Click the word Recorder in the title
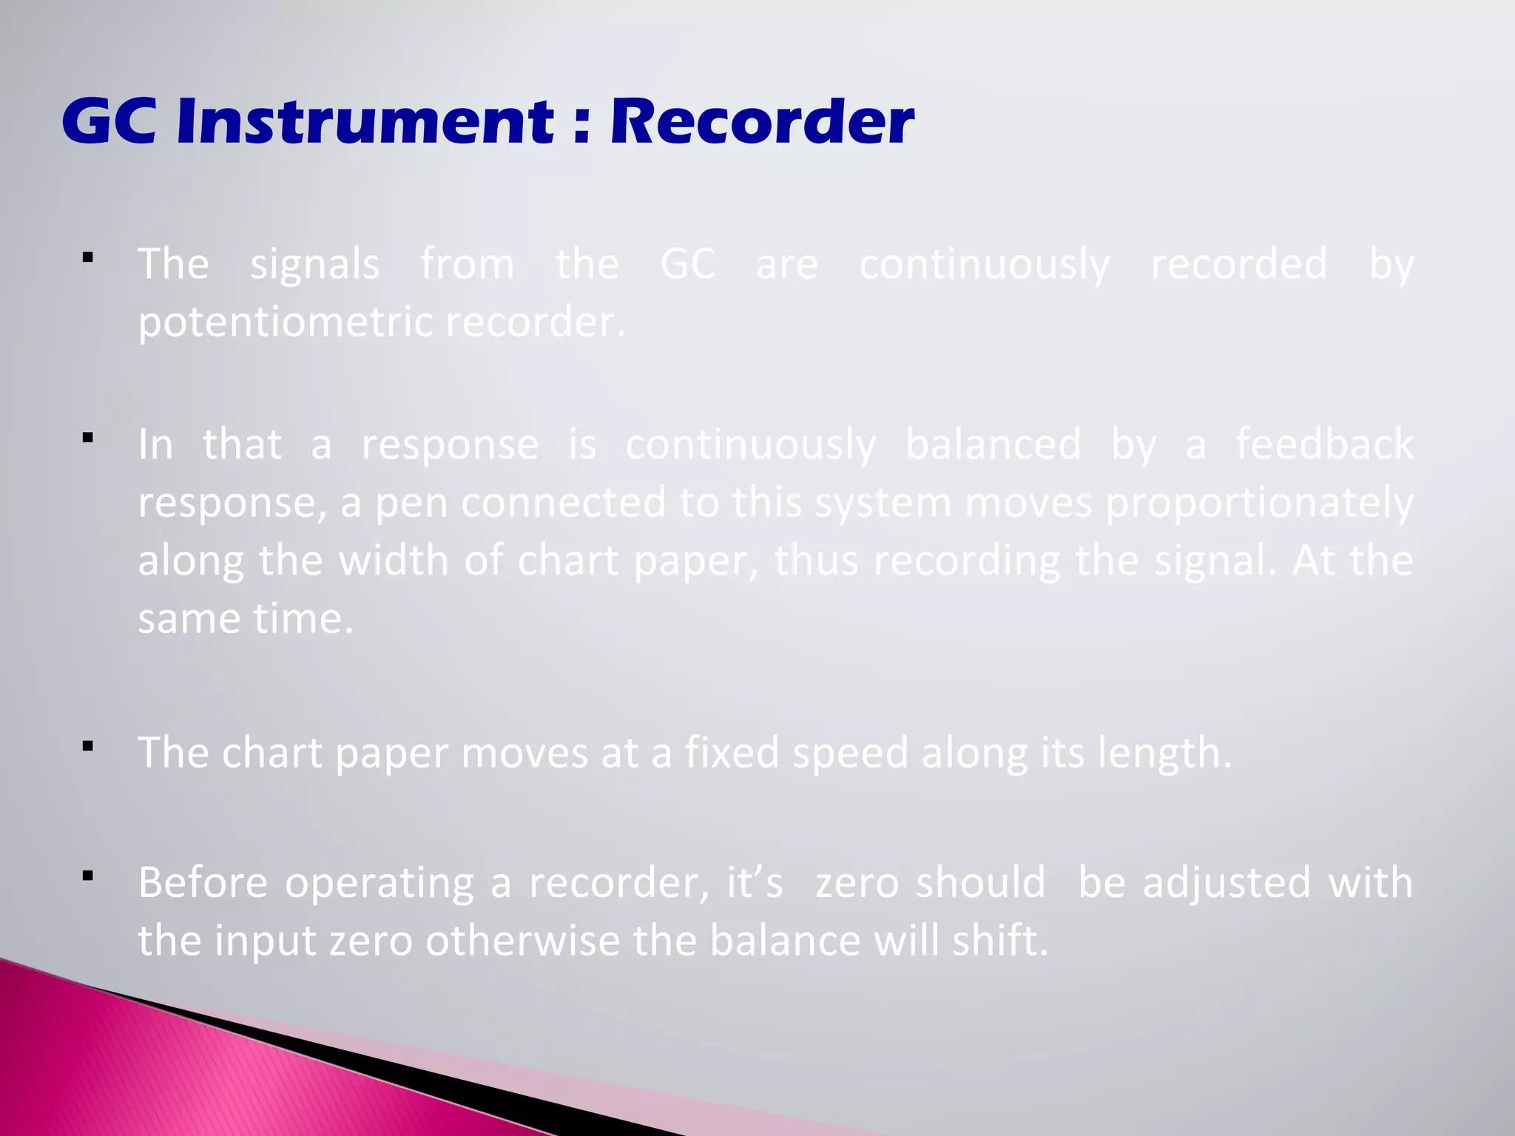762,121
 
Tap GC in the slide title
109,121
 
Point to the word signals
315,265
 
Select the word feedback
1325,444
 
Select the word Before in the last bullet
203,882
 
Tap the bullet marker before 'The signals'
88,258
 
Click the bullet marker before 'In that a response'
88,438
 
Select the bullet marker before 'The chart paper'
88,746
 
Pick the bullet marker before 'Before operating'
88,876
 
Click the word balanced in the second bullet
993,444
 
